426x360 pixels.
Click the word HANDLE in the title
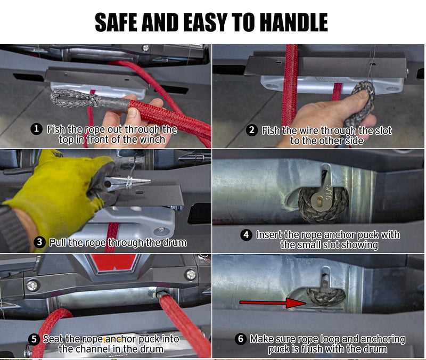coord(294,22)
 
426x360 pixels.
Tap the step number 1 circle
coord(36,129)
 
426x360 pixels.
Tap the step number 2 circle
coord(252,130)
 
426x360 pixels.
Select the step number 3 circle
coord(39,242)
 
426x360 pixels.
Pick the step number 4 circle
coord(246,234)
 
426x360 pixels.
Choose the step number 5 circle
coord(34,339)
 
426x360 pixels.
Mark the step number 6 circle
coord(241,339)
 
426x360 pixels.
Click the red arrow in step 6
coord(273,302)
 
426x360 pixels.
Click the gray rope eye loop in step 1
coord(74,99)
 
